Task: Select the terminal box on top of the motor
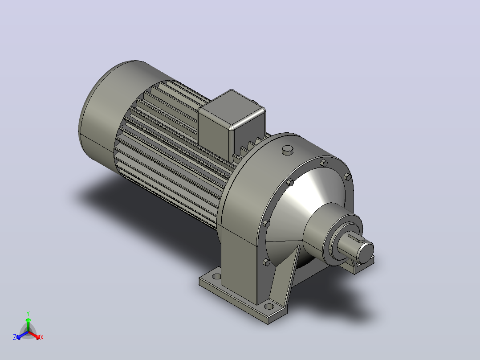click(x=232, y=124)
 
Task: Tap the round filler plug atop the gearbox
click(x=288, y=150)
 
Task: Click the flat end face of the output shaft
click(x=365, y=252)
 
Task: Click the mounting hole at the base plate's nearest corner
click(x=269, y=306)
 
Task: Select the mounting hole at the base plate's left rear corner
click(x=216, y=276)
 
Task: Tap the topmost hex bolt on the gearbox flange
click(x=324, y=162)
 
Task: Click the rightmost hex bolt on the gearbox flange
click(x=347, y=176)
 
